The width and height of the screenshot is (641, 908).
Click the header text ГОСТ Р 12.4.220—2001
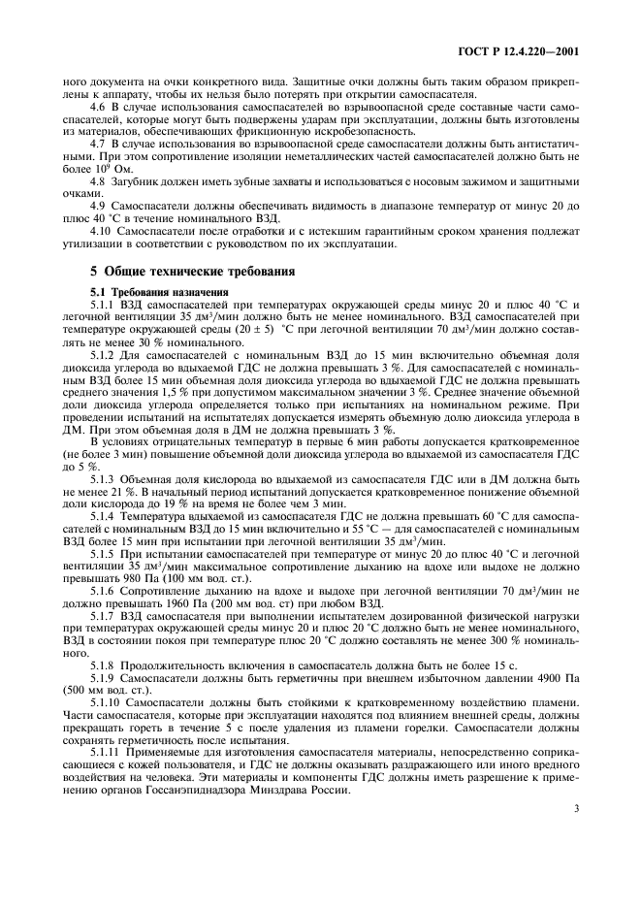click(524, 50)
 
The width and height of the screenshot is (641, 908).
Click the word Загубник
click(143, 181)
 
